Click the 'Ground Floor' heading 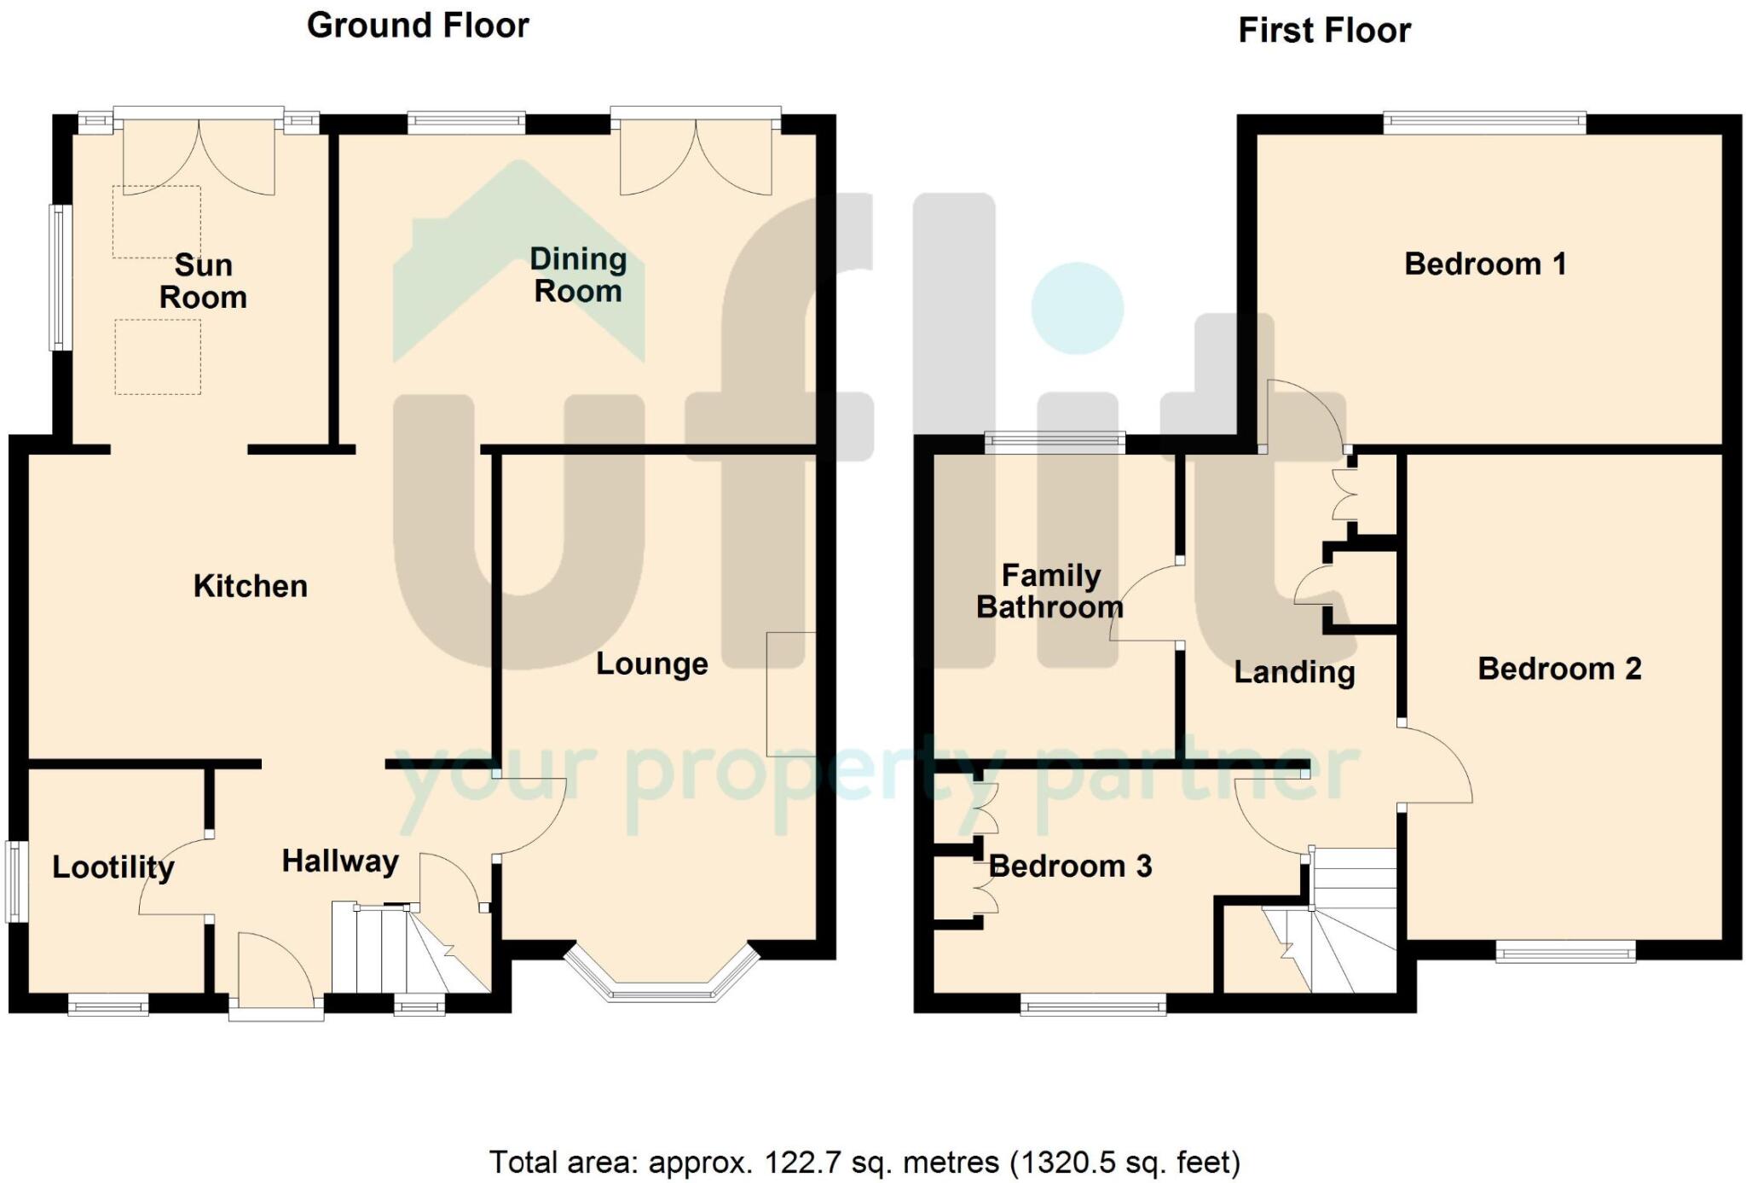pos(418,26)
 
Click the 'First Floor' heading pos(1324,31)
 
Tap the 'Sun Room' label pos(203,281)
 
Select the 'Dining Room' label pos(578,275)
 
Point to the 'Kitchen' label pos(250,586)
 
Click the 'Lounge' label pos(651,664)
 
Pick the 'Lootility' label pos(113,867)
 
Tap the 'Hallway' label pos(340,861)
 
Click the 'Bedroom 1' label pos(1485,264)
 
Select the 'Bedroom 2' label pos(1559,669)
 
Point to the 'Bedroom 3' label pos(1070,867)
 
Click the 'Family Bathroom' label pos(1049,591)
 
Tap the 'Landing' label pos(1294,672)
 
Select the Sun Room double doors pos(199,154)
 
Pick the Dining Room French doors pos(696,154)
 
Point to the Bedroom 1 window pos(1484,124)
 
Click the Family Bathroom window pos(1055,442)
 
